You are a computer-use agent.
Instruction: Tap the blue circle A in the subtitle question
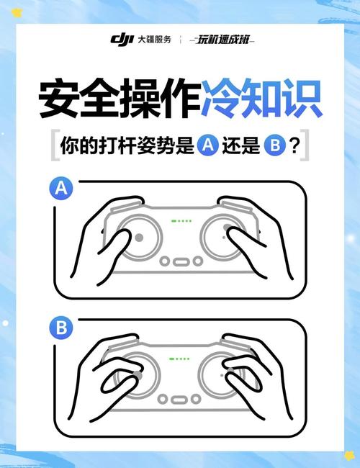(x=207, y=145)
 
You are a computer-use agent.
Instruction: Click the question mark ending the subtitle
(x=294, y=145)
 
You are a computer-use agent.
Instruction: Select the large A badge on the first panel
(x=62, y=189)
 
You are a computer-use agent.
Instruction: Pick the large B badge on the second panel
(x=62, y=328)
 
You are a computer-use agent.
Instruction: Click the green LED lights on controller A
(x=181, y=221)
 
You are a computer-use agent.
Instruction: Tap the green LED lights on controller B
(x=181, y=359)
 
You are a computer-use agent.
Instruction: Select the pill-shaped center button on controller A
(x=180, y=261)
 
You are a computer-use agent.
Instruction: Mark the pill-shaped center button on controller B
(x=180, y=397)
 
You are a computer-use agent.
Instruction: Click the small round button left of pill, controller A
(x=164, y=261)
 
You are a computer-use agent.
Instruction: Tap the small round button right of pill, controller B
(x=197, y=397)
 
